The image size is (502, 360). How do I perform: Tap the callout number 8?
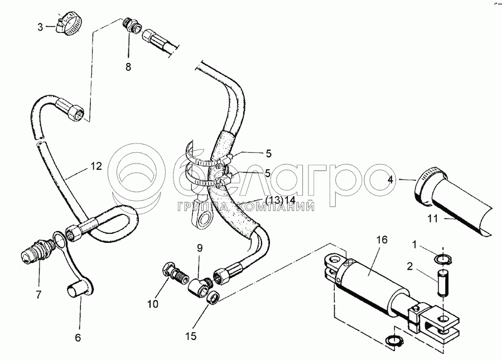(x=128, y=67)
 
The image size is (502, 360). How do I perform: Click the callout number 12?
(x=96, y=166)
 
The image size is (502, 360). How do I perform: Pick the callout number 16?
(x=382, y=240)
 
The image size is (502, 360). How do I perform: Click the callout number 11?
(x=432, y=219)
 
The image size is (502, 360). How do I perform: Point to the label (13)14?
(x=281, y=200)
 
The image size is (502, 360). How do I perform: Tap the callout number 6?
(x=78, y=338)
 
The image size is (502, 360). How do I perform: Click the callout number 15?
(x=191, y=337)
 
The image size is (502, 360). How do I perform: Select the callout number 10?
(x=153, y=304)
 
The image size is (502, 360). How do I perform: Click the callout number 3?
(x=40, y=27)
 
